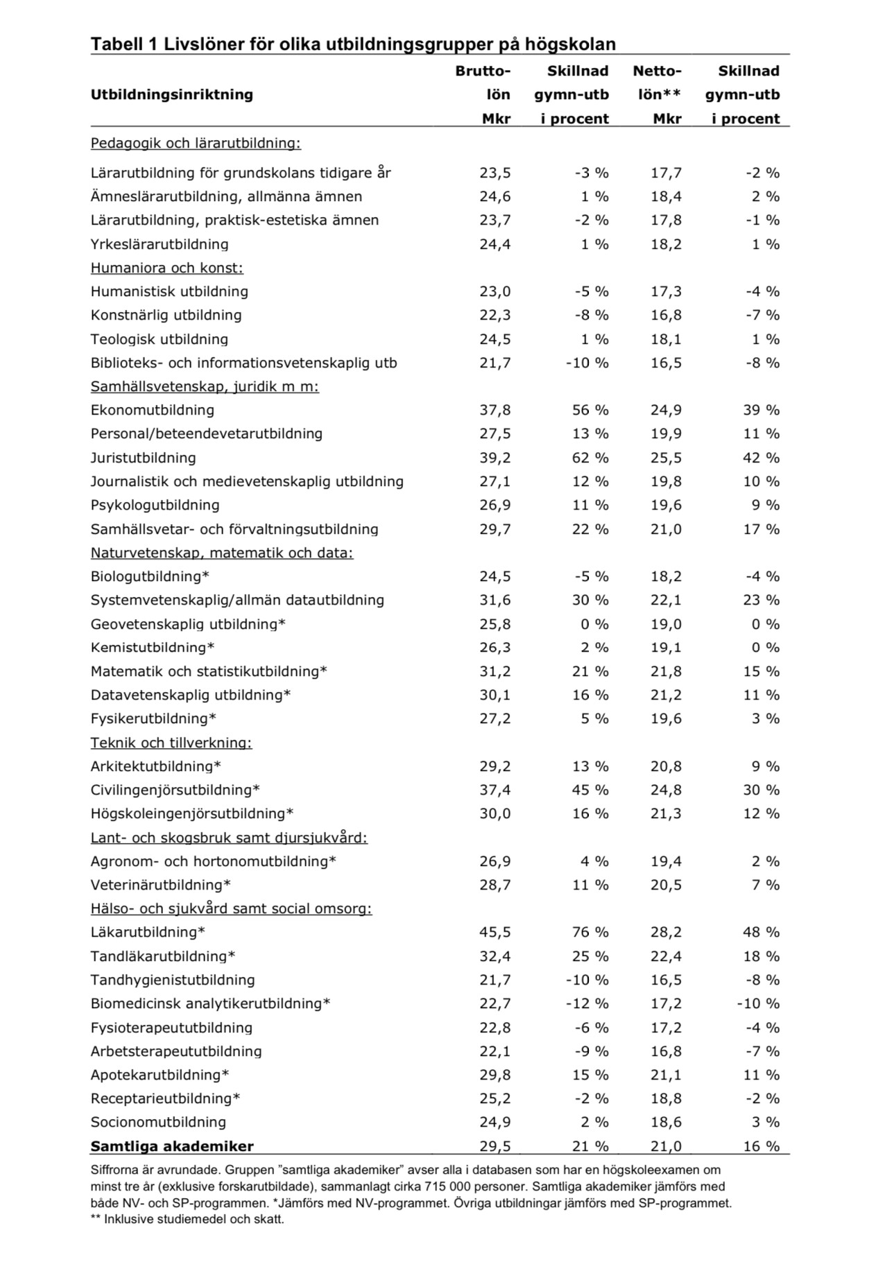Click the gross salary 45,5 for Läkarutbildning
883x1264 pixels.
tap(495, 932)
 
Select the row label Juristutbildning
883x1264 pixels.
tap(143, 458)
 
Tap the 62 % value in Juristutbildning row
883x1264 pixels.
tap(590, 458)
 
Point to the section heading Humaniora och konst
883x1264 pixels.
tap(166, 268)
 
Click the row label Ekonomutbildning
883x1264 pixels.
tap(152, 410)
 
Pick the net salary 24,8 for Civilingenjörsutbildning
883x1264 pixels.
tap(666, 790)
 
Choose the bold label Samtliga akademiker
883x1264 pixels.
tap(172, 1146)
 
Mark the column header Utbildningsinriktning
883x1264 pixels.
tap(171, 94)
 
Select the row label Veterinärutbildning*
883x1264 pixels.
tap(160, 885)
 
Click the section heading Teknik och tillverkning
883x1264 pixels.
tap(171, 743)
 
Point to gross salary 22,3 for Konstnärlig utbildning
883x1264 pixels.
tap(495, 315)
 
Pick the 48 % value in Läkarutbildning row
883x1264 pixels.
tap(761, 932)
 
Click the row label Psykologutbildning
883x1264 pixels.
tap(155, 505)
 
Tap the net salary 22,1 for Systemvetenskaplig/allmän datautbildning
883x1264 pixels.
tap(666, 600)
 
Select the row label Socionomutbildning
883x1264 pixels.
tap(158, 1122)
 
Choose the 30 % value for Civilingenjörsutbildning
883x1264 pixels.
tap(761, 790)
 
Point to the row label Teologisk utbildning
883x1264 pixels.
tap(159, 339)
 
